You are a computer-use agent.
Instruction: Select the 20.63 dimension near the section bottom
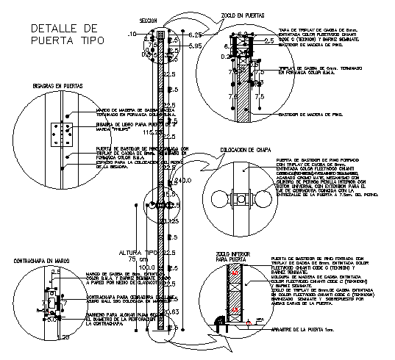(x=171, y=312)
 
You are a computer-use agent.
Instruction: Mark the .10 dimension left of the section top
(x=132, y=35)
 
